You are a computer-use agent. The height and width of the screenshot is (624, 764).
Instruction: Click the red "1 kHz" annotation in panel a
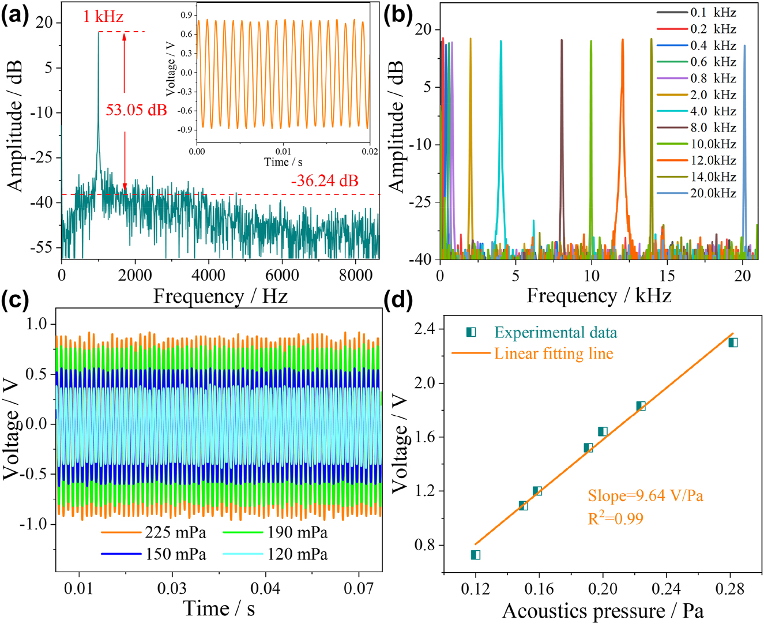(x=103, y=16)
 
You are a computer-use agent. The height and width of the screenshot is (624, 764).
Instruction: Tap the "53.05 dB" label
(x=136, y=110)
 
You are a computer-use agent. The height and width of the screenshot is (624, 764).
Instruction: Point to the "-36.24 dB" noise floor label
(x=325, y=181)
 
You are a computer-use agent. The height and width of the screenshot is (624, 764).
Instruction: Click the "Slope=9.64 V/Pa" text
(x=645, y=496)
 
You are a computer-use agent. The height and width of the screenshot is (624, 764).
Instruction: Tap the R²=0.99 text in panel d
(x=615, y=518)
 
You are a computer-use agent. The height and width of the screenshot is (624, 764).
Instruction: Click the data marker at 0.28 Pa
(x=733, y=343)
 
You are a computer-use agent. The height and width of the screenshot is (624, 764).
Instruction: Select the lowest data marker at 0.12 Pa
(x=476, y=555)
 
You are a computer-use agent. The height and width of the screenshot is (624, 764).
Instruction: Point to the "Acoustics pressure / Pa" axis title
(x=603, y=611)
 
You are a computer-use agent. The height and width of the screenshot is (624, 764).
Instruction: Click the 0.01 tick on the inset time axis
(x=283, y=151)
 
